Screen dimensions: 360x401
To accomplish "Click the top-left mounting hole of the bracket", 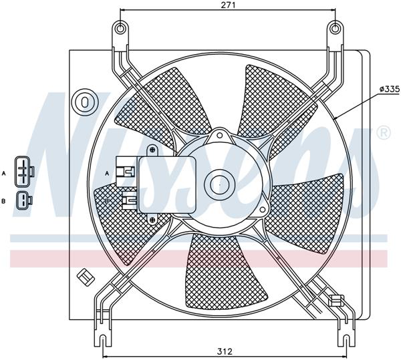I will pyautogui.click(x=120, y=28).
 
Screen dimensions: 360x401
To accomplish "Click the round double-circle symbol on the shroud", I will pyautogui.click(x=86, y=102).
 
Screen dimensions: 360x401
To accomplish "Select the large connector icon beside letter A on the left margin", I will pyautogui.click(x=25, y=171).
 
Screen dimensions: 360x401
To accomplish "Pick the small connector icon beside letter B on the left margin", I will pyautogui.click(x=25, y=199).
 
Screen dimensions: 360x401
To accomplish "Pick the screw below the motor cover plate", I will pyautogui.click(x=153, y=219).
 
